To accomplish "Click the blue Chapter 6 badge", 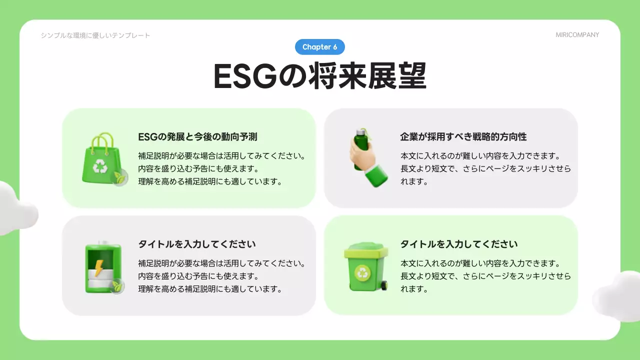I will [320, 47].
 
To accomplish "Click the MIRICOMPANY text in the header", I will [577, 35].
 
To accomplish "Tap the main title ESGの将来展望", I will [320, 76].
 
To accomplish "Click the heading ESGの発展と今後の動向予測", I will [197, 136].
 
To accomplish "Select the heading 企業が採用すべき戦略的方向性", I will [463, 136].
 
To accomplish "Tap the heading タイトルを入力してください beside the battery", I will [197, 244].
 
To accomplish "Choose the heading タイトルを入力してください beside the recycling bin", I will [459, 244].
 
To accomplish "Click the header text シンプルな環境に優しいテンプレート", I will [95, 35].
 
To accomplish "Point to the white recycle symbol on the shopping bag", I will [101, 165].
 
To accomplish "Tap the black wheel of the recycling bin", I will [384, 285].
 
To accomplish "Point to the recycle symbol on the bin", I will [361, 272].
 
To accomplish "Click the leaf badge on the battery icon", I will [117, 285].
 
